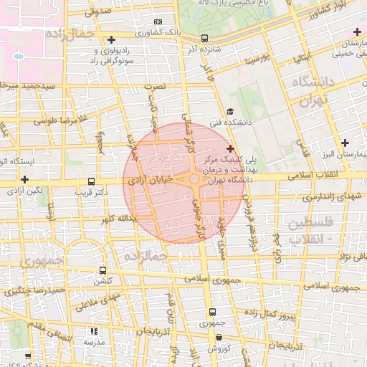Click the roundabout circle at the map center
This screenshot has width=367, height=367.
pyautogui.click(x=194, y=179)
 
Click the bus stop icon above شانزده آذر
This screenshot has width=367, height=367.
pyautogui.click(x=205, y=39)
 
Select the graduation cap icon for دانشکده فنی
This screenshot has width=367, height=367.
pyautogui.click(x=230, y=111)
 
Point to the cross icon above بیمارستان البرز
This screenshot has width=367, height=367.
pyautogui.click(x=347, y=142)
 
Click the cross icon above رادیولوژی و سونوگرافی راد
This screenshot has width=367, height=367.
pyautogui.click(x=110, y=39)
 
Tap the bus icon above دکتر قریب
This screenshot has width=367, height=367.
pyautogui.click(x=91, y=182)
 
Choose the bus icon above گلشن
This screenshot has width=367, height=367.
pyautogui.click(x=103, y=271)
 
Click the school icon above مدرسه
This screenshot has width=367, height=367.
pyautogui.click(x=93, y=331)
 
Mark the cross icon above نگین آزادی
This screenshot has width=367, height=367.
pyautogui.click(x=25, y=179)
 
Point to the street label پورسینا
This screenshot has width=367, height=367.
pyautogui.click(x=256, y=59)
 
